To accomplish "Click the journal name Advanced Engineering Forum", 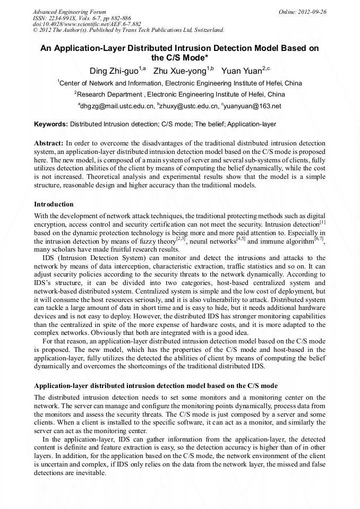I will (x=70, y=12).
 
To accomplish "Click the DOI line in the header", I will (x=87, y=24).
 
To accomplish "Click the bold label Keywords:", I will (x=50, y=124).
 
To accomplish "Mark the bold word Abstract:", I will (x=49, y=143).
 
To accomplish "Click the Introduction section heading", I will (x=54, y=204).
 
